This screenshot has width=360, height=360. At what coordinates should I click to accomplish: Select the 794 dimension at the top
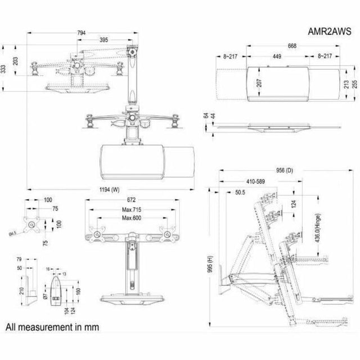pos(82,33)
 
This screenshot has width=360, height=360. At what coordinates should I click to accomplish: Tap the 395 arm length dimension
pos(104,40)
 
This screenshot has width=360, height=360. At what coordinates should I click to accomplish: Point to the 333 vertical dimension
pos(3,69)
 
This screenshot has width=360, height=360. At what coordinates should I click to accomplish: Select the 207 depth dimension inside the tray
pos(259,84)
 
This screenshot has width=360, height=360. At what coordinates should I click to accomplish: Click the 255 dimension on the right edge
pos(354,84)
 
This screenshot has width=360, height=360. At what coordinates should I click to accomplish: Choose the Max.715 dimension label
pos(130,210)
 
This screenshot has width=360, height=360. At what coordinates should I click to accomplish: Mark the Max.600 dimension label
pos(130,218)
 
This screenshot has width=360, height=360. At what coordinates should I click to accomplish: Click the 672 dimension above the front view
pos(130,200)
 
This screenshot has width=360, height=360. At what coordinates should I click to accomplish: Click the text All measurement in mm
pos(49,326)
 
